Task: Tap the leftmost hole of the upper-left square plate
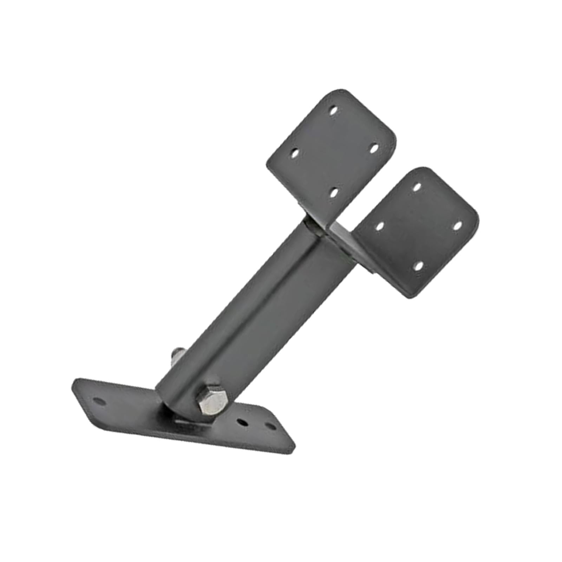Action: [295, 153]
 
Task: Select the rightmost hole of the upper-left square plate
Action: [374, 148]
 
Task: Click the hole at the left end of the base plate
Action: [98, 401]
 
